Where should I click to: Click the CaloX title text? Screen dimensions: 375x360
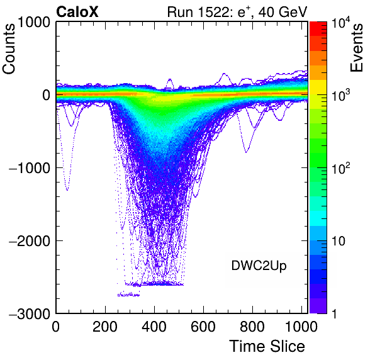pyautogui.click(x=77, y=12)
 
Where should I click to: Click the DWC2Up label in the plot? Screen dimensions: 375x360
pyautogui.click(x=259, y=266)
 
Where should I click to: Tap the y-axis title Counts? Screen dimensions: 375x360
pyautogui.click(x=9, y=48)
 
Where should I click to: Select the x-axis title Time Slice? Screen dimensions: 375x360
pyautogui.click(x=267, y=346)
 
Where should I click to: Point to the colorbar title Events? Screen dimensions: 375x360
pyautogui.click(x=356, y=48)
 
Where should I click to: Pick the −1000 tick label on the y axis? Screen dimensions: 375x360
pyautogui.click(x=30, y=168)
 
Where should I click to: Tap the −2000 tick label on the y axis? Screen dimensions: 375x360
pyautogui.click(x=30, y=241)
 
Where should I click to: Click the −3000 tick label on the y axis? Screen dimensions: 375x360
pyautogui.click(x=30, y=313)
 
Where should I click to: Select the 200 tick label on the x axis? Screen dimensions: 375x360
pyautogui.click(x=105, y=326)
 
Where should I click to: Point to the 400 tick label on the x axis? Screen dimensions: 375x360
pyautogui.click(x=154, y=326)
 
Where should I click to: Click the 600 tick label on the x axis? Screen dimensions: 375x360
pyautogui.click(x=203, y=326)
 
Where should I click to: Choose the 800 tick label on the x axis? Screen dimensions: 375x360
pyautogui.click(x=252, y=326)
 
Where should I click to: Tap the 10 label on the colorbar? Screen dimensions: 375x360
pyautogui.click(x=338, y=241)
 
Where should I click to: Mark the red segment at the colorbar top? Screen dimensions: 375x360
pyautogui.click(x=318, y=29)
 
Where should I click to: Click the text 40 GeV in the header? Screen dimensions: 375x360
pyautogui.click(x=283, y=12)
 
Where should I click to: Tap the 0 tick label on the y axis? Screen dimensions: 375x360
pyautogui.click(x=47, y=95)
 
